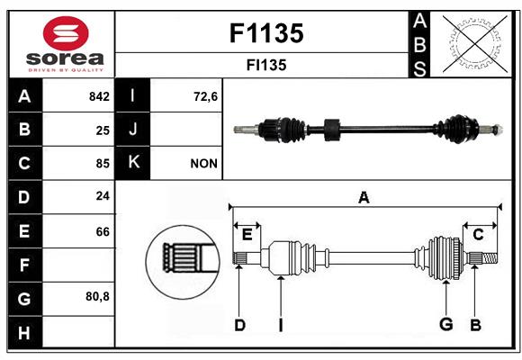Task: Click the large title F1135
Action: [265, 33]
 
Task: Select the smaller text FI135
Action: [265, 65]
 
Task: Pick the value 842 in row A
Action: [99, 96]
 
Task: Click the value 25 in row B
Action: [103, 130]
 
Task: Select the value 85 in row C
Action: [103, 164]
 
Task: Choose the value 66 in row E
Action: [103, 231]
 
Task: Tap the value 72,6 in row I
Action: [206, 96]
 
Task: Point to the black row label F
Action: [24, 265]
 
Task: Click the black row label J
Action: [133, 130]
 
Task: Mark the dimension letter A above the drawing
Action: [364, 197]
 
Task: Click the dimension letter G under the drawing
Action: [445, 324]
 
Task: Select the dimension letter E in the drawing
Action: [247, 235]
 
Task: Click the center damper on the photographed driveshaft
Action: [329, 129]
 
